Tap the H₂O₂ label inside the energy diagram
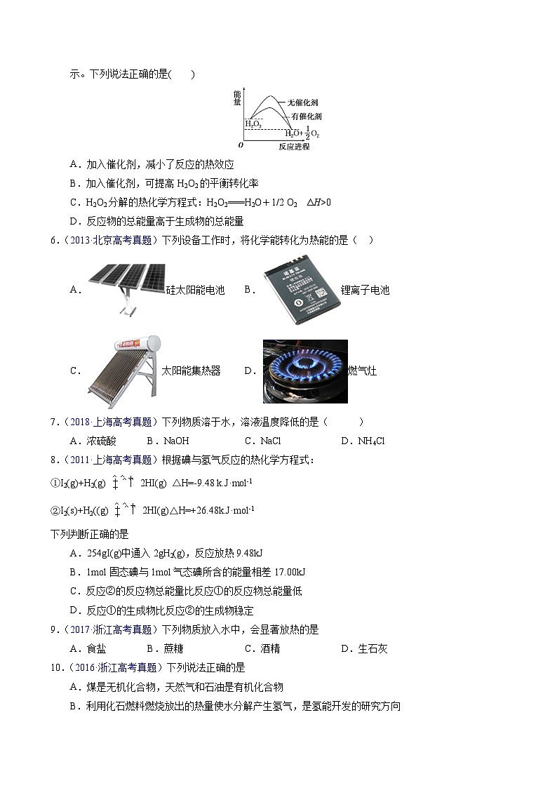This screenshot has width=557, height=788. (253, 123)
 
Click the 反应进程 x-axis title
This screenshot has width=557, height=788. (293, 147)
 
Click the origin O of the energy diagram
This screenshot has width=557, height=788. (241, 145)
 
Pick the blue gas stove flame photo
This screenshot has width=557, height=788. (305, 371)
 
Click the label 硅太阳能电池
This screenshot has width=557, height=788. (195, 290)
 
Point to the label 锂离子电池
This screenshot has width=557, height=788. (365, 290)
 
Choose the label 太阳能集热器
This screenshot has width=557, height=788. (191, 370)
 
